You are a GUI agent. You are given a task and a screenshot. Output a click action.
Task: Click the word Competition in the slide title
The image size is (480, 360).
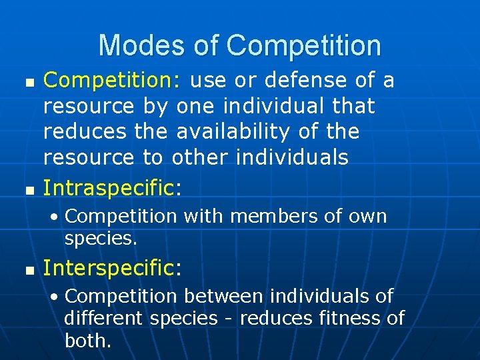tap(304, 45)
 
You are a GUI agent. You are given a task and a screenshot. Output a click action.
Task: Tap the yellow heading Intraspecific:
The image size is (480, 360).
tap(112, 189)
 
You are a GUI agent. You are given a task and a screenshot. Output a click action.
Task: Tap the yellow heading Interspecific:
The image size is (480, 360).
tap(112, 268)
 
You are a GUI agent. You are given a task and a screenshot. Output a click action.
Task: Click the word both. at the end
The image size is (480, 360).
tap(87, 341)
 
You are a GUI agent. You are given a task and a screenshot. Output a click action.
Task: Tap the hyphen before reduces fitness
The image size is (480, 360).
tap(229, 319)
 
